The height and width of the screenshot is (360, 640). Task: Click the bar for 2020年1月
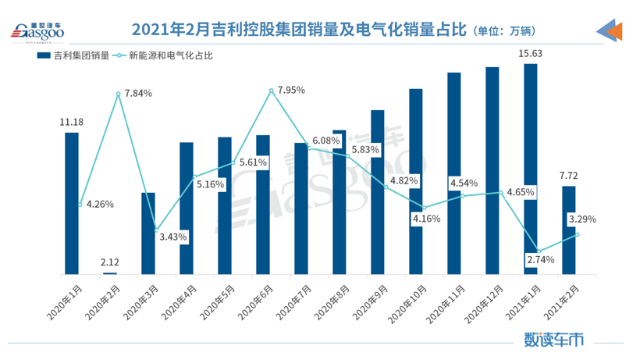point(72,203)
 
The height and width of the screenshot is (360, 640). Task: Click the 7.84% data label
point(137,93)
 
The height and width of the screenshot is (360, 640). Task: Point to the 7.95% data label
point(290,90)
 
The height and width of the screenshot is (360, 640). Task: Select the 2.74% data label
point(540,259)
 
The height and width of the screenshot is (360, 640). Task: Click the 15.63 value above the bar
point(531,53)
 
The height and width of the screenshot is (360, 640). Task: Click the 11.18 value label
point(72,122)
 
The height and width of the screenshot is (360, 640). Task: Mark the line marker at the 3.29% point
point(577,234)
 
